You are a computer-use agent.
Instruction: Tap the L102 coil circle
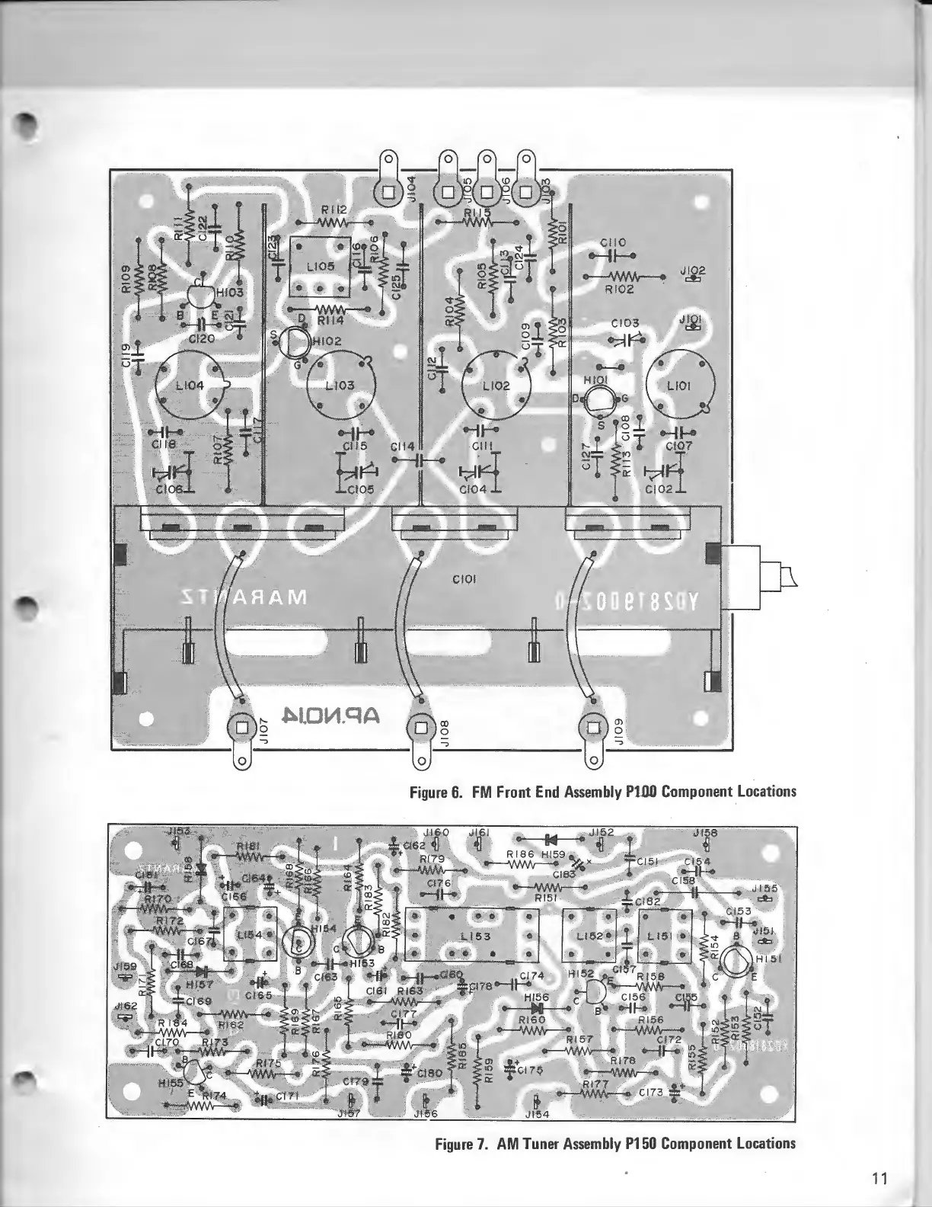point(496,386)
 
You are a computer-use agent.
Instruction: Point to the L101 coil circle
point(678,386)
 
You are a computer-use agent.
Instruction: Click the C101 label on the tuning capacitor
point(464,579)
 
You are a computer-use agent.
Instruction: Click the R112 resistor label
point(334,210)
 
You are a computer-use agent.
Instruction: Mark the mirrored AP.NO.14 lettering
point(330,715)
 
